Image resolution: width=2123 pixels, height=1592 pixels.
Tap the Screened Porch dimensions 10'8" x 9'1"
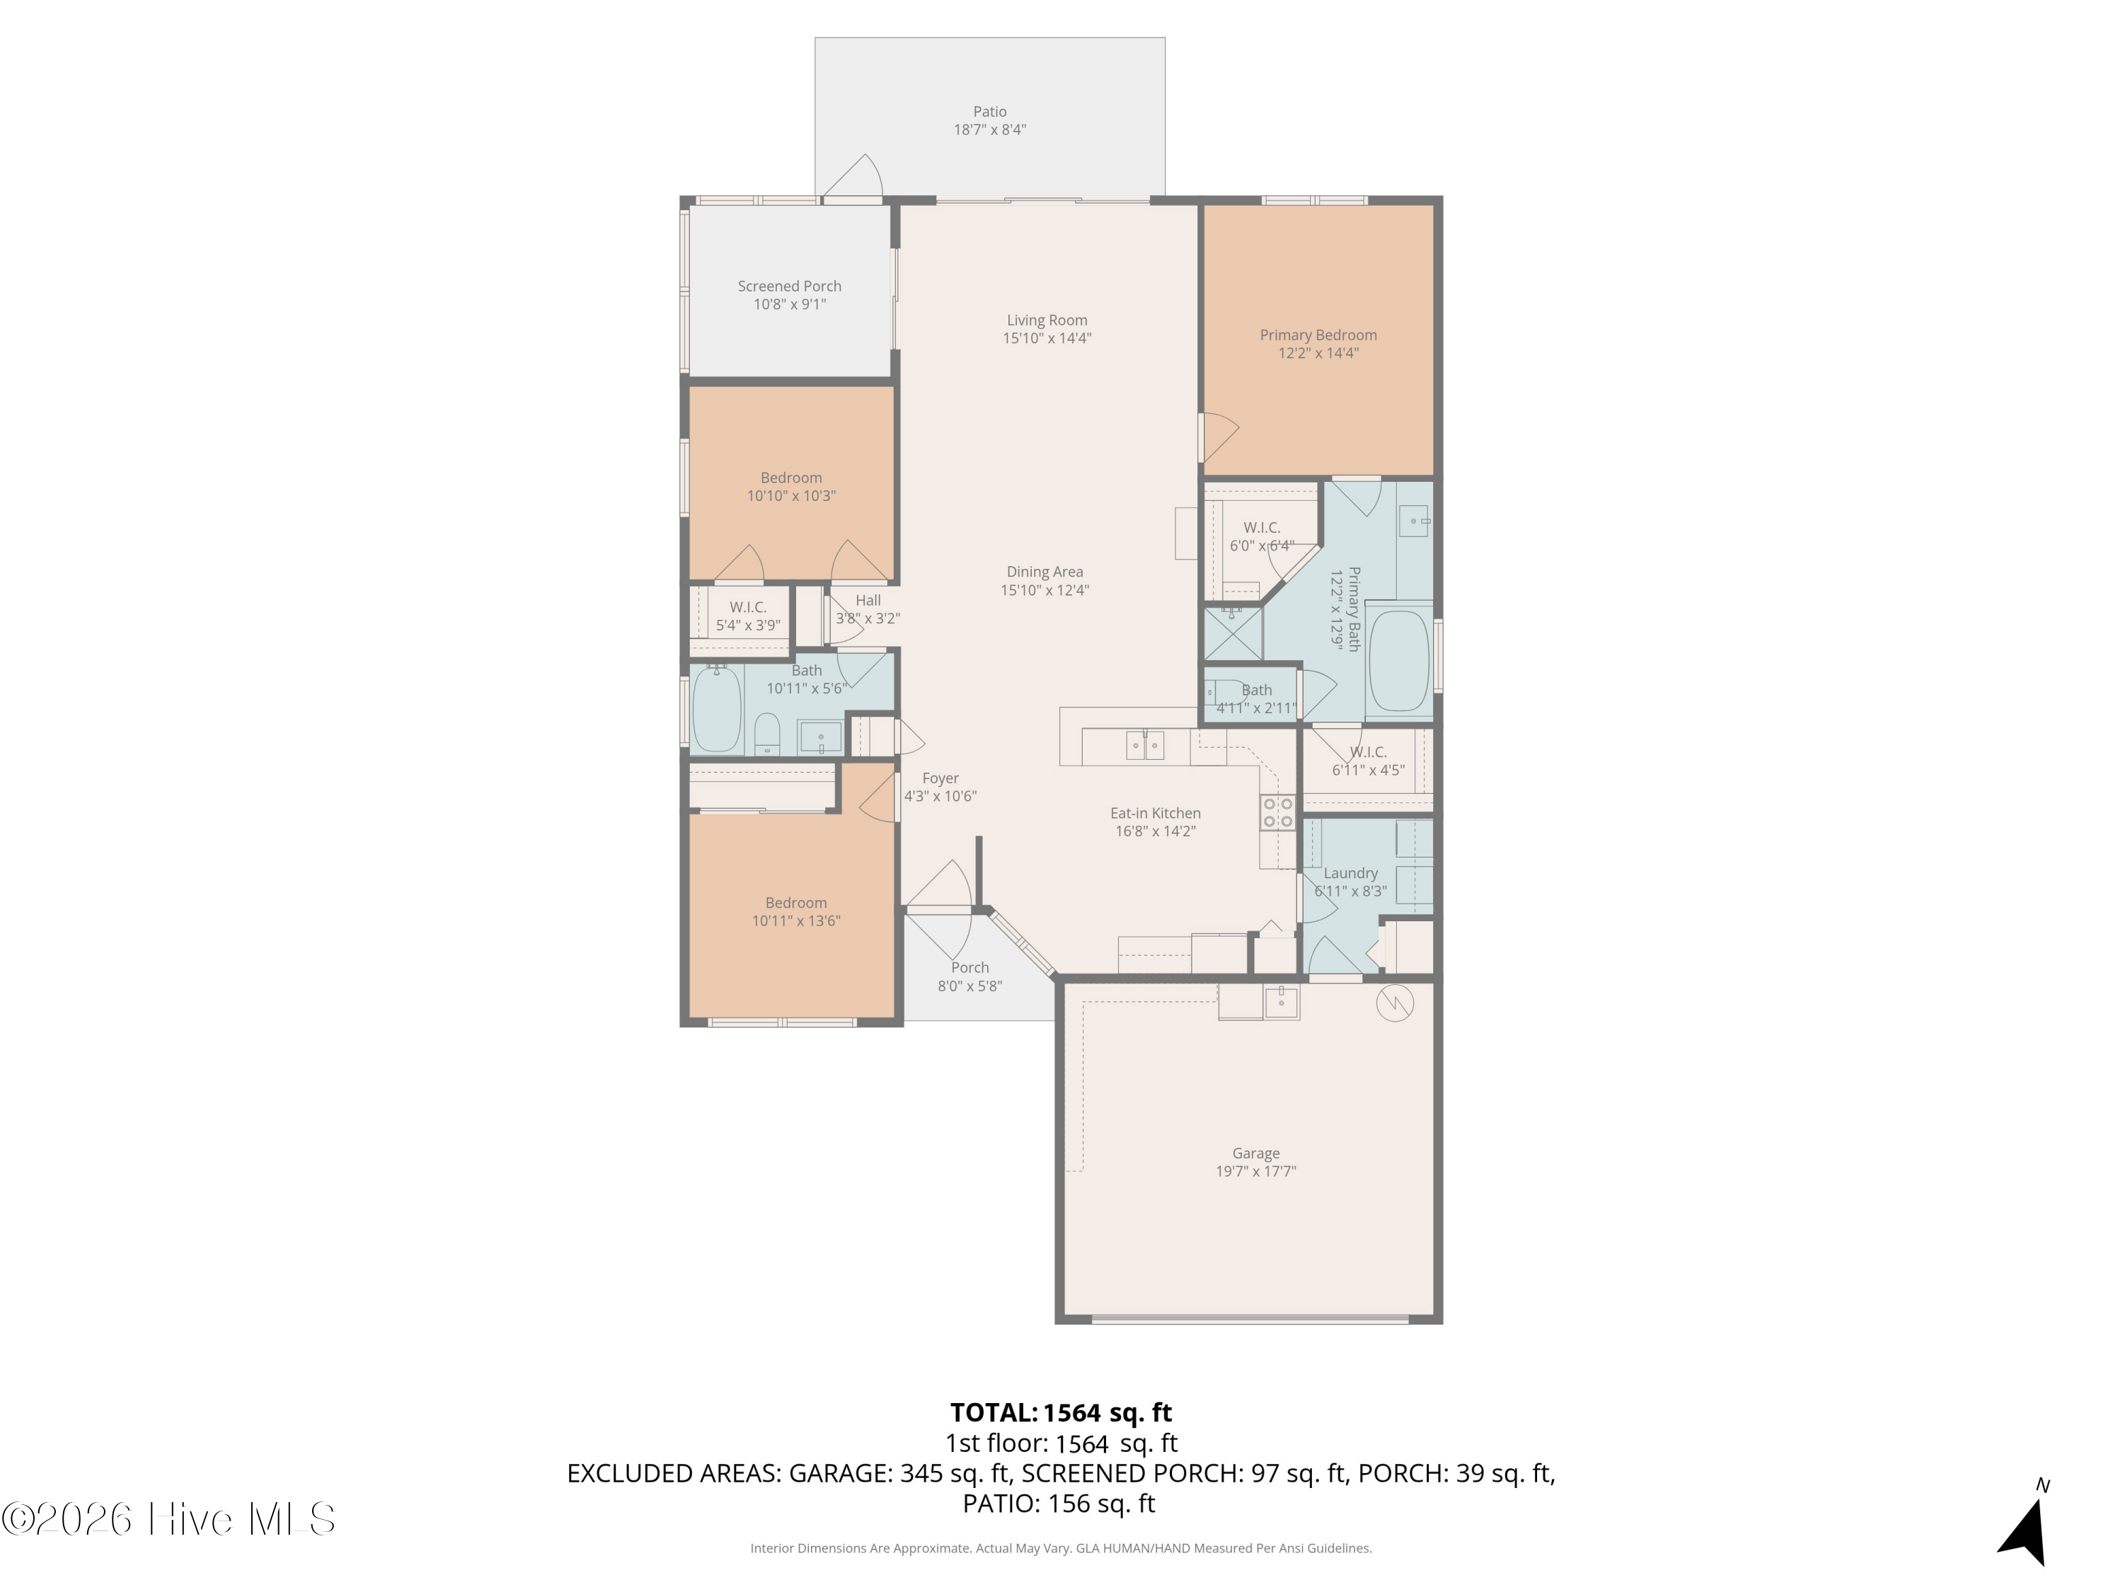click(789, 304)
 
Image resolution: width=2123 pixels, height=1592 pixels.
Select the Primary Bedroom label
click(1318, 335)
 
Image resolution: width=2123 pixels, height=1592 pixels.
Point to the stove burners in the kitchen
click(1277, 813)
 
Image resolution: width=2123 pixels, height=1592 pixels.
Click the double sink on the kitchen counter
click(1144, 744)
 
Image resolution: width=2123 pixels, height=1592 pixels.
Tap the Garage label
click(1255, 1153)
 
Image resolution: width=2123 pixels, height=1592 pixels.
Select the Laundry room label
click(1350, 873)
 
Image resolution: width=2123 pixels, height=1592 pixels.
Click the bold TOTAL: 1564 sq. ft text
click(1061, 1412)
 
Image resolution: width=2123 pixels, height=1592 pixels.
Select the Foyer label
click(940, 778)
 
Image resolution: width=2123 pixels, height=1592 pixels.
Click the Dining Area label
click(1045, 572)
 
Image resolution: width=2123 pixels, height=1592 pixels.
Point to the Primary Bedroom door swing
click(1219, 437)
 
